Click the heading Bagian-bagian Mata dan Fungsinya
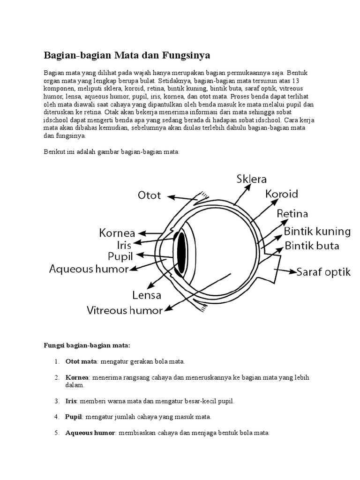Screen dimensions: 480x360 tap(127, 55)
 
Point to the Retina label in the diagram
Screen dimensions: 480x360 tap(292, 214)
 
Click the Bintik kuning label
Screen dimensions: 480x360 tap(317, 231)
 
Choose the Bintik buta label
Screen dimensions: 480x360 tap(312, 246)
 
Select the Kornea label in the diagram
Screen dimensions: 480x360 tap(117, 232)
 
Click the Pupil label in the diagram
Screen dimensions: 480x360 tap(120, 256)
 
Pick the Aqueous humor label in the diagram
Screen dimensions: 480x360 tap(89, 269)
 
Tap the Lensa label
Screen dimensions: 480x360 tap(147, 295)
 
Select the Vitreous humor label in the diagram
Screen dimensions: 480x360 tap(125, 310)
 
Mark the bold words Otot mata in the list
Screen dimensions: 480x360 tap(81, 362)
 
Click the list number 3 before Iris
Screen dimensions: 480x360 tap(56, 402)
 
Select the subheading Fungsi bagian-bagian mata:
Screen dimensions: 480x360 tap(87, 345)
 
